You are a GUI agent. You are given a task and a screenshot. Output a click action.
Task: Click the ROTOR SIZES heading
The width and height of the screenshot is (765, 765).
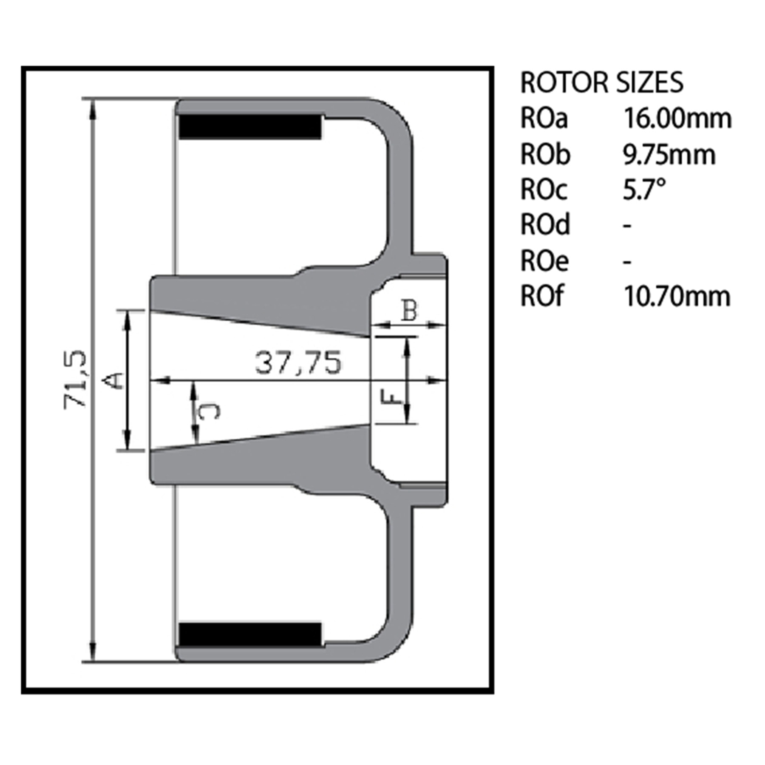coord(602,82)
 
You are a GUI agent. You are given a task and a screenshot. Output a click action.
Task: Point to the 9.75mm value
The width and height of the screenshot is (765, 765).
coord(669,154)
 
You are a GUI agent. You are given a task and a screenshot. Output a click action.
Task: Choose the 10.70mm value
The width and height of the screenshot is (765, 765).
coord(677,296)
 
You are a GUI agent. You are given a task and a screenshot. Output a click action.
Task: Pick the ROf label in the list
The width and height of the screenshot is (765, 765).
coord(542,296)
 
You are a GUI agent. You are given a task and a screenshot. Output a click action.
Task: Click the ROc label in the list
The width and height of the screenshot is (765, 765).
coord(544,190)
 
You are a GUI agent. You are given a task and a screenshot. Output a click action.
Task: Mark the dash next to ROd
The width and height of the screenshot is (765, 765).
coord(627,226)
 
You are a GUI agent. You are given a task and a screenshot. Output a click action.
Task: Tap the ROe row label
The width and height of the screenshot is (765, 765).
coord(544,261)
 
